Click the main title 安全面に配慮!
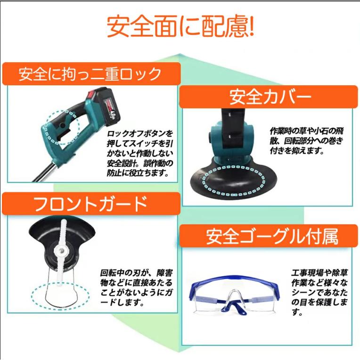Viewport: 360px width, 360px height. click(x=180, y=26)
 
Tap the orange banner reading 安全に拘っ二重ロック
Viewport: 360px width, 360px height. click(x=91, y=74)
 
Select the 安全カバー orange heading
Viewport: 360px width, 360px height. click(x=269, y=97)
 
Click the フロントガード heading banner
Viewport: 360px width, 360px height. click(x=91, y=204)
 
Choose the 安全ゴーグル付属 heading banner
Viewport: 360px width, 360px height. click(x=269, y=236)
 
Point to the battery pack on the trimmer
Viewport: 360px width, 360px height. click(x=105, y=107)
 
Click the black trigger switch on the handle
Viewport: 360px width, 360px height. click(x=64, y=135)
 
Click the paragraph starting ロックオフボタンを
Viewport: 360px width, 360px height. click(x=140, y=153)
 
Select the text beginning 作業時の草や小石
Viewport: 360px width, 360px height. click(x=306, y=141)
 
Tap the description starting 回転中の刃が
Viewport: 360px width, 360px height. click(x=136, y=288)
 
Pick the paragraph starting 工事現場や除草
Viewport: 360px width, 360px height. click(x=319, y=292)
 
